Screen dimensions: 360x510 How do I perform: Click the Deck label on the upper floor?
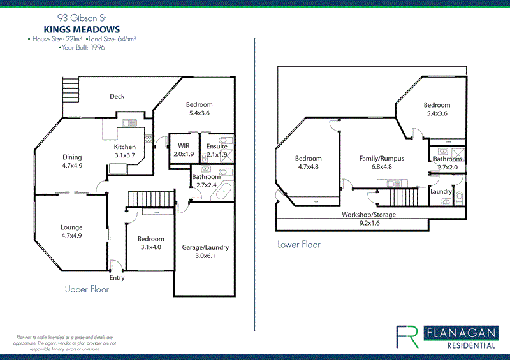click(x=117, y=97)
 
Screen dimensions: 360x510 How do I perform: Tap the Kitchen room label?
click(x=124, y=147)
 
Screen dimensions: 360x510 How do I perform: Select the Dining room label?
click(x=71, y=157)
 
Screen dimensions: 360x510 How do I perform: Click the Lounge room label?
click(x=71, y=227)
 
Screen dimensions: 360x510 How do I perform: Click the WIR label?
click(x=184, y=146)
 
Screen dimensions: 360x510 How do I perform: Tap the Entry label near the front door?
click(x=117, y=278)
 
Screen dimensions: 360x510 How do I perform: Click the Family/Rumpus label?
click(x=382, y=159)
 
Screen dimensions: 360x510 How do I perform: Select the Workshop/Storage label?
click(x=368, y=215)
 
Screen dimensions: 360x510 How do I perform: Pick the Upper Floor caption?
click(x=87, y=290)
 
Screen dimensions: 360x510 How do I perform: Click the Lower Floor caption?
click(x=298, y=244)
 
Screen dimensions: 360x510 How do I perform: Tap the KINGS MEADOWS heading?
click(x=82, y=29)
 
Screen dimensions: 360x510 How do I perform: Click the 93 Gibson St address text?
click(x=82, y=18)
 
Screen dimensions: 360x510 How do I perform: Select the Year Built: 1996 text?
click(x=82, y=47)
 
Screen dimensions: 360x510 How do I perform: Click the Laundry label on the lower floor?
click(x=441, y=191)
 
